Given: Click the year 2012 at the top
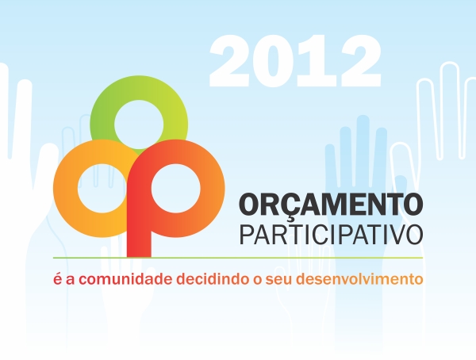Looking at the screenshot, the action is coord(295,61).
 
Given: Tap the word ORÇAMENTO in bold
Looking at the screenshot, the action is coord(331,204).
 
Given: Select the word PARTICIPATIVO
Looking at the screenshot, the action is coord(331,235).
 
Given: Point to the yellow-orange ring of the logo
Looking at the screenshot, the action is coord(65,188).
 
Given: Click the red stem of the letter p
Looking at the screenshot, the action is coord(139,239).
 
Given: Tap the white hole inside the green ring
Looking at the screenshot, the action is coord(139,124).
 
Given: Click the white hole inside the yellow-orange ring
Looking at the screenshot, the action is coord(102,189).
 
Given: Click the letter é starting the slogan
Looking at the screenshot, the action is coord(58,278).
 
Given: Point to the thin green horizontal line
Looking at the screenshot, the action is coord(238,258).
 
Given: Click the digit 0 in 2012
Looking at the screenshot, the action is coord(274,61).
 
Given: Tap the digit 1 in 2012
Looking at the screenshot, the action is coord(316,61).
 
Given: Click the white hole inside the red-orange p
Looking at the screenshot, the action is coord(176,189).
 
